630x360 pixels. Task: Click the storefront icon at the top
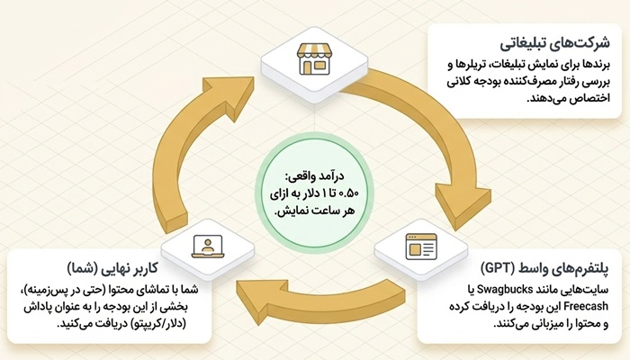pos(314,59)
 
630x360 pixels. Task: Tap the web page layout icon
pos(420,247)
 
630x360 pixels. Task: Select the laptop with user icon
pos(207,246)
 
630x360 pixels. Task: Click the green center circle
pos(314,193)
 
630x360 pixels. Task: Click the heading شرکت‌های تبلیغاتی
pos(555,43)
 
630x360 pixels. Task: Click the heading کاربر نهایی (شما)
pos(112,267)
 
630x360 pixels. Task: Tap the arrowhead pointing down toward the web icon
pos(462,206)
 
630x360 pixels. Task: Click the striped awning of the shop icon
pos(314,51)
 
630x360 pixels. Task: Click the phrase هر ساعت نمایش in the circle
pos(314,211)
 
